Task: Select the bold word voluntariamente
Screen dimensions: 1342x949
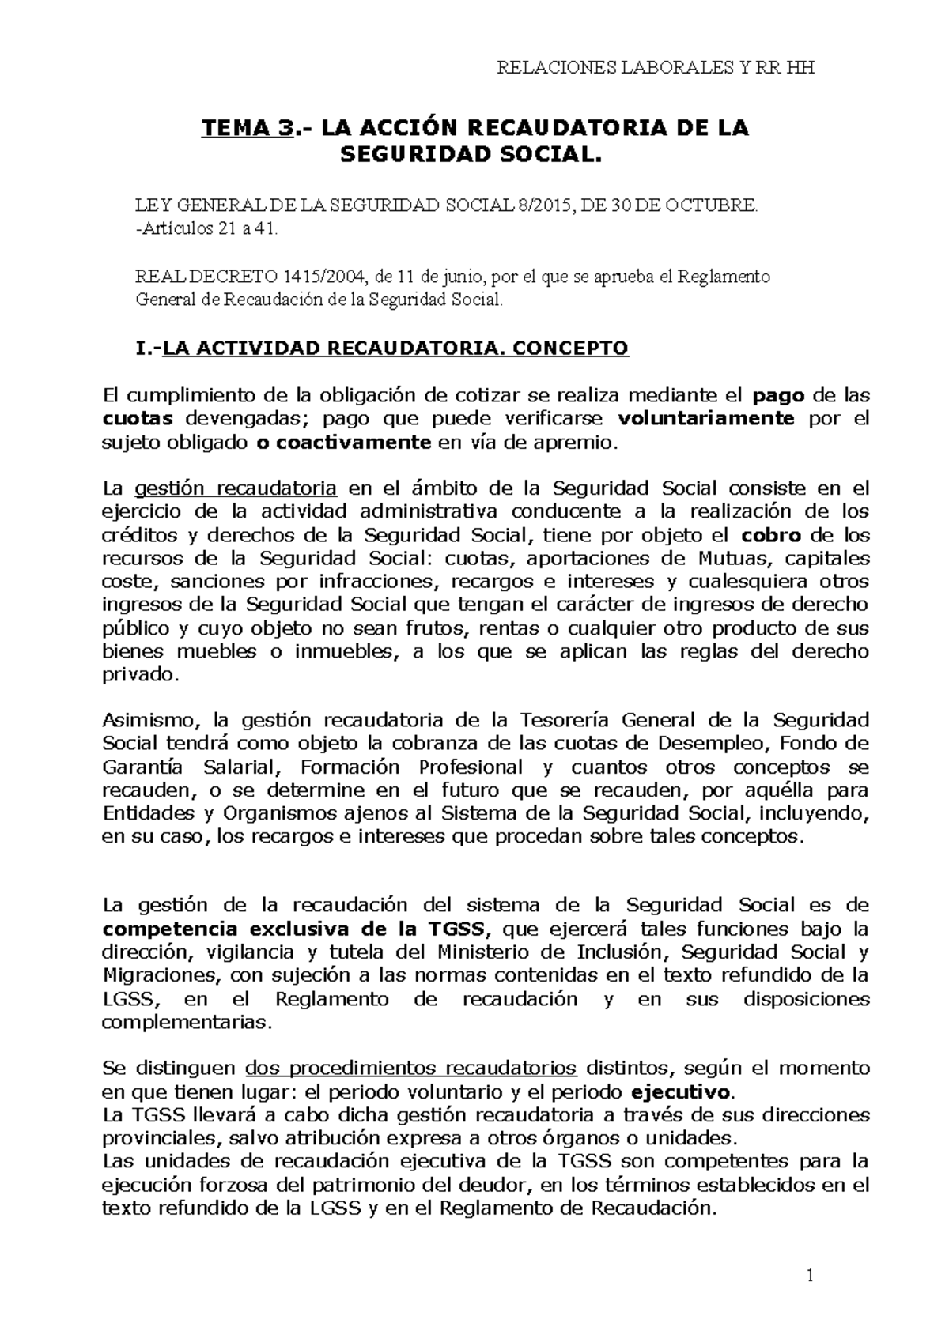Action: pos(706,418)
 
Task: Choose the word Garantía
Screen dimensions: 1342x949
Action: pos(142,767)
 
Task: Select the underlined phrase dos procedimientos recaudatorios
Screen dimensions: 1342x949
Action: pos(411,1069)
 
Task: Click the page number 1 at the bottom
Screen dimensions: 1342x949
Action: pos(810,1276)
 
